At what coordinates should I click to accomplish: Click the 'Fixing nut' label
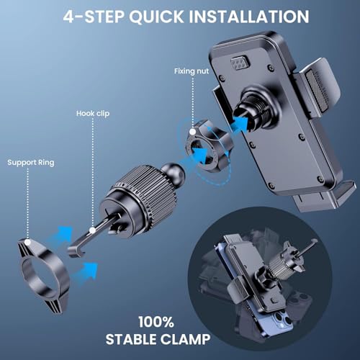click(x=192, y=71)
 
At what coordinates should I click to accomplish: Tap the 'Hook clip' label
click(x=93, y=113)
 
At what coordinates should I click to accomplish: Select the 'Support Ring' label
click(x=31, y=163)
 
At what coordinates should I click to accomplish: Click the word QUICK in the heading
click(x=156, y=17)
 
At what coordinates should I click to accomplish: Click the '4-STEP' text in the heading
click(x=94, y=17)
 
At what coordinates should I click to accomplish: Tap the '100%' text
click(x=156, y=322)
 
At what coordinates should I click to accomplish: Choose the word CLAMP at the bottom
click(x=185, y=339)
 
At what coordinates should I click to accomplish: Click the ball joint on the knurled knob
click(x=174, y=171)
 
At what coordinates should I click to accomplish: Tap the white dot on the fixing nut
click(x=192, y=132)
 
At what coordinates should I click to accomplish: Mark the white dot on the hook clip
click(x=92, y=230)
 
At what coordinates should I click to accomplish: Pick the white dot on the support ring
click(x=28, y=242)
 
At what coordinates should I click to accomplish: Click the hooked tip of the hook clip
click(x=75, y=252)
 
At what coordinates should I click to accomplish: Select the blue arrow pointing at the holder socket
click(x=240, y=125)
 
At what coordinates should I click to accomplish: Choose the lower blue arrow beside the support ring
click(x=86, y=273)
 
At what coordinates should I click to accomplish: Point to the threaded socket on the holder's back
click(x=255, y=109)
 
